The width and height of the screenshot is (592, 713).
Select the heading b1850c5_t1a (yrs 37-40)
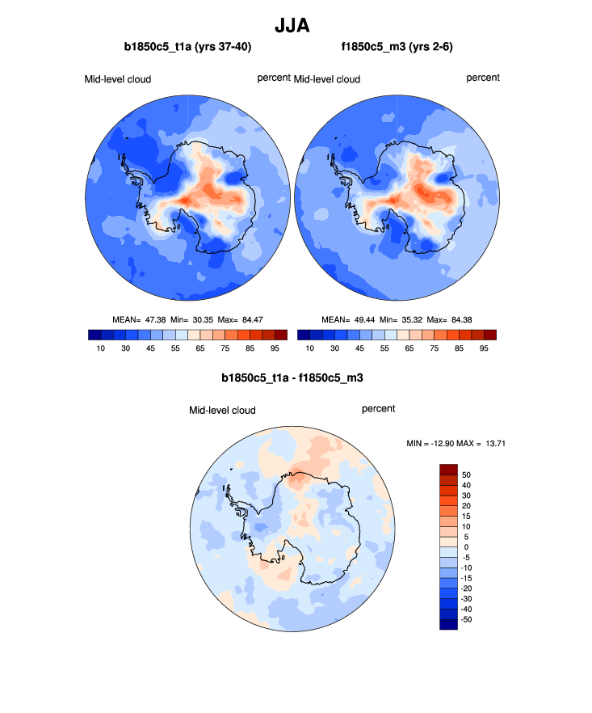(x=187, y=48)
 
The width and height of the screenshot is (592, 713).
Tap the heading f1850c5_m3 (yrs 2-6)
(x=396, y=48)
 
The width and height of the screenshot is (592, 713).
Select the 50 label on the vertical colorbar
(x=466, y=475)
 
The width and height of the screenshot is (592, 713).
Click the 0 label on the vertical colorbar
(x=464, y=547)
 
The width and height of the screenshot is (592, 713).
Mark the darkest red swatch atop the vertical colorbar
(x=448, y=469)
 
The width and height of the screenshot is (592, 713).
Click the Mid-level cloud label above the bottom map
(x=222, y=411)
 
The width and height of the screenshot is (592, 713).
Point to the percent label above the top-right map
(x=483, y=78)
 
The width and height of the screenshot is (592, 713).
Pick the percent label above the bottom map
(x=378, y=409)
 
